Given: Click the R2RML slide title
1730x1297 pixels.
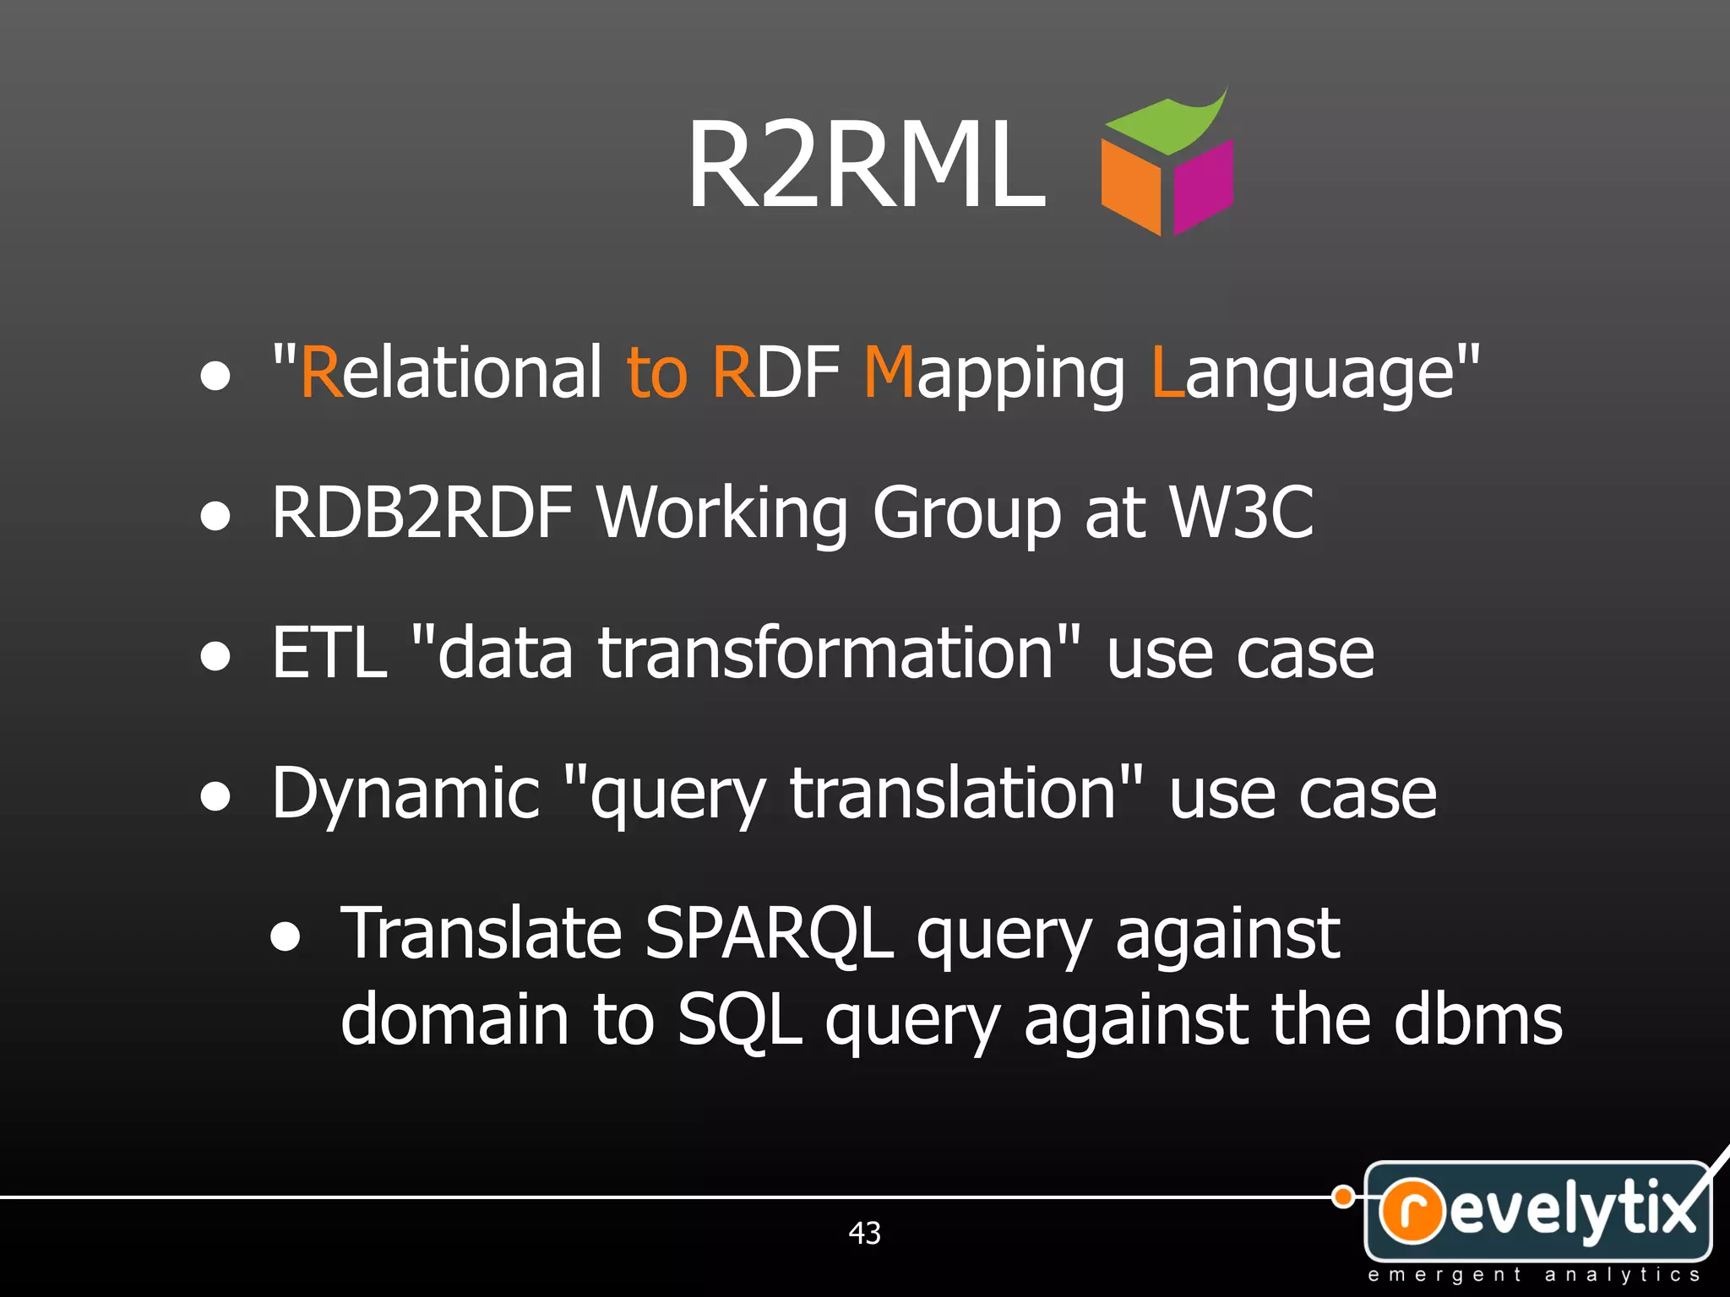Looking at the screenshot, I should pos(867,165).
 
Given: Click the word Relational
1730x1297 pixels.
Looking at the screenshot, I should pos(451,372).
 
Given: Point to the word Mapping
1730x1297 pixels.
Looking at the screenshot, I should pos(993,374).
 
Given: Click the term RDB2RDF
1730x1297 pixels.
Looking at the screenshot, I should pos(422,513).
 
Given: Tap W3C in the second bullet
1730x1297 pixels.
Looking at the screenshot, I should pos(1241,513).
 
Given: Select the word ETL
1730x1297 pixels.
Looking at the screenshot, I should pos(329,653).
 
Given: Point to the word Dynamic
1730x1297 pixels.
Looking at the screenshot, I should pos(405,795).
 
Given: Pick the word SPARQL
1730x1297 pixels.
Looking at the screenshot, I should pos(769,934).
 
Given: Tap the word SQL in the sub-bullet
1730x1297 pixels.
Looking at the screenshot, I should pos(739,1021).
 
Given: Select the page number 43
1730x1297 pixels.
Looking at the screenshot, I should pos(864,1233).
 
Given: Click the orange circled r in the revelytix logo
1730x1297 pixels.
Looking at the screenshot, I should pos(1412,1210).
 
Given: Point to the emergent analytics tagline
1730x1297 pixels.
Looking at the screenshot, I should pos(1533,1275).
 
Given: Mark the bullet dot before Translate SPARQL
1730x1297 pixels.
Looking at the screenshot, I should pos(286,936).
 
